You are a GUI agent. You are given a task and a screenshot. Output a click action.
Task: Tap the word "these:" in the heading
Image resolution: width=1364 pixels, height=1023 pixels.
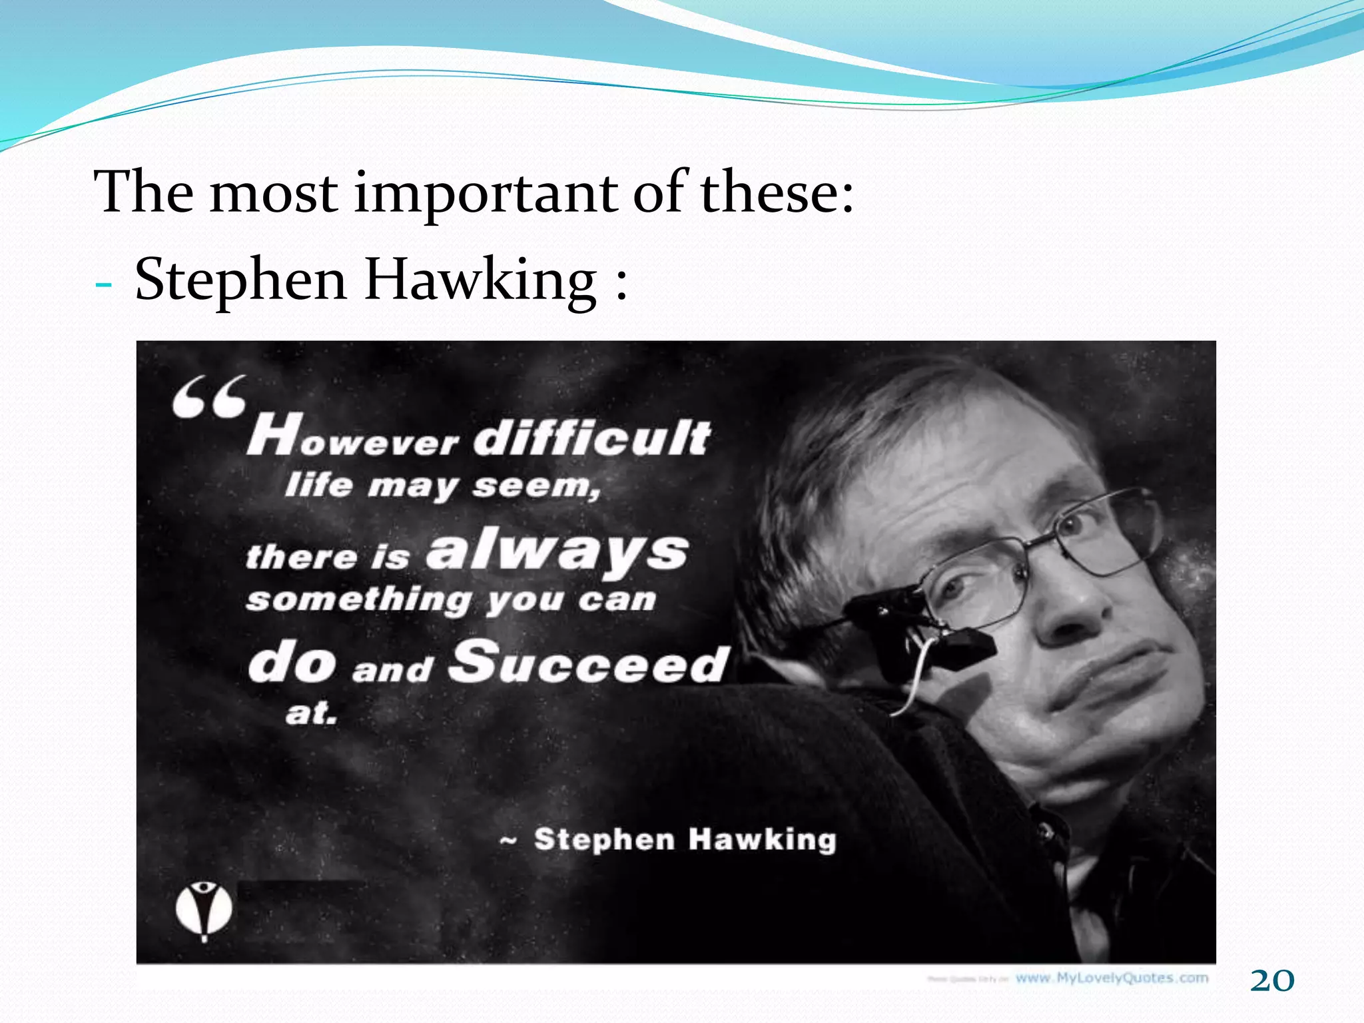[x=777, y=192]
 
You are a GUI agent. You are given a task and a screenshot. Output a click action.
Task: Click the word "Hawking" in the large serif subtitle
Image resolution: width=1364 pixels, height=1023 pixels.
[x=480, y=280]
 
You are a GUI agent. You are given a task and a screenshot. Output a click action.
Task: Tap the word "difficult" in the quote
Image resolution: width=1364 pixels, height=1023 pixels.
[x=593, y=438]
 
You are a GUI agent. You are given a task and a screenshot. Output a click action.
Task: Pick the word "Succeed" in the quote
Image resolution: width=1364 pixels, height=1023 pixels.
[x=589, y=662]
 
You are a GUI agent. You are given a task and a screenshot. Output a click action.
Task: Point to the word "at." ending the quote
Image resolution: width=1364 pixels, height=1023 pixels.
[x=311, y=713]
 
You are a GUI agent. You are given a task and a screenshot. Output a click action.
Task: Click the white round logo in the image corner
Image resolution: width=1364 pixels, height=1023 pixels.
[x=204, y=909]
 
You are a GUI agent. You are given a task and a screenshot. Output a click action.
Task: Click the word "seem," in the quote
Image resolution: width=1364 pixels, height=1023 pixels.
[x=536, y=486]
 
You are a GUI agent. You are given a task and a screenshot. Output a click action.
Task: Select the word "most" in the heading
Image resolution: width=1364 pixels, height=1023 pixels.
[x=273, y=192]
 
